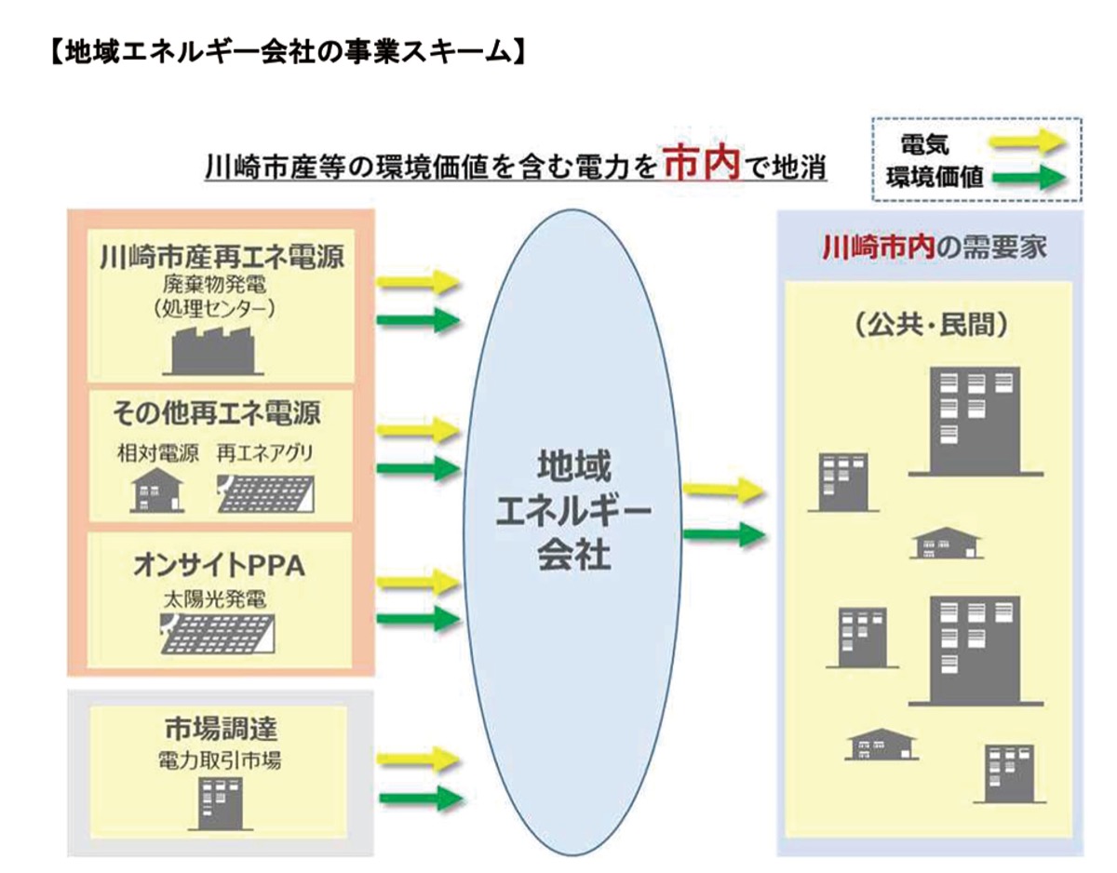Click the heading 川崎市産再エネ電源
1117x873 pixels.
tap(222, 257)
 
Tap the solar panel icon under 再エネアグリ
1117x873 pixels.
tap(265, 493)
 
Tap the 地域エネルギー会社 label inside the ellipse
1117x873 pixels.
tap(574, 510)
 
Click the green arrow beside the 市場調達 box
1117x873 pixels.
tap(419, 798)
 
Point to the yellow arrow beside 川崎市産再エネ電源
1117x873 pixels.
tap(419, 281)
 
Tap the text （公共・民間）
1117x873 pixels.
tap(931, 327)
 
